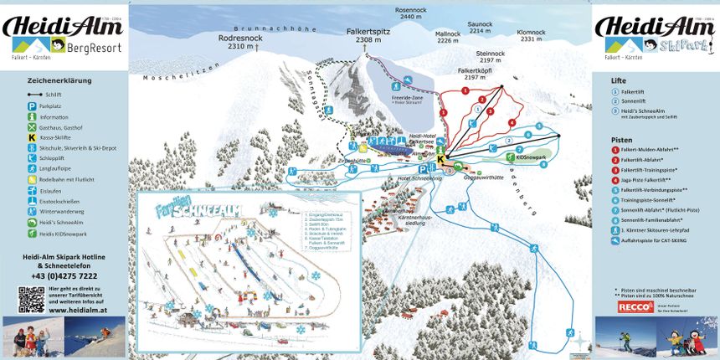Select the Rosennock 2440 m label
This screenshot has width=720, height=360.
pos(410,13)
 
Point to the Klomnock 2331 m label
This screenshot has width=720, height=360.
pos(532,35)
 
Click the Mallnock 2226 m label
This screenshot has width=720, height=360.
pos(448,37)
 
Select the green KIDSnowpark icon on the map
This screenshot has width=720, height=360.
pos(508,157)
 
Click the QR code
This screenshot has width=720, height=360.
pos(31,299)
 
